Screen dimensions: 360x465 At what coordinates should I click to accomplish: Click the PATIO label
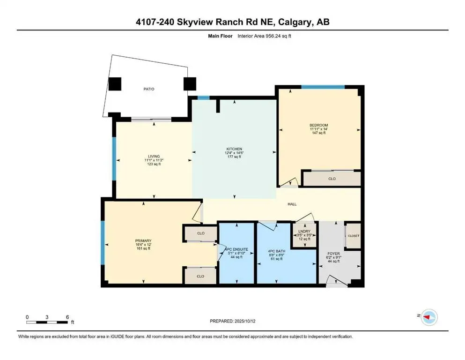[x=149, y=89]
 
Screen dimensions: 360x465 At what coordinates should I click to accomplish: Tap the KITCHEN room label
[x=234, y=149]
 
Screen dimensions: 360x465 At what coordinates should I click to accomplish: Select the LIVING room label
[x=154, y=156]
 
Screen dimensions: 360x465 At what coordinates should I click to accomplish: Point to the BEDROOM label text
[x=319, y=125]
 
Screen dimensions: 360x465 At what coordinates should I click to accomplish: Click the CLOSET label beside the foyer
[x=353, y=236]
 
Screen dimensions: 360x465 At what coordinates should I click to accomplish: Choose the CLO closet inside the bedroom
[x=332, y=179]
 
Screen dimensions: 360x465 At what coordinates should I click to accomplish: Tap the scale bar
[x=47, y=322]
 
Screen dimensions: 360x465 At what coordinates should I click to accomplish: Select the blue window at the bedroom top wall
[x=323, y=87]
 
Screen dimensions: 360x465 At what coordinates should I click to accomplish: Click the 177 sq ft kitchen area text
[x=234, y=157]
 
